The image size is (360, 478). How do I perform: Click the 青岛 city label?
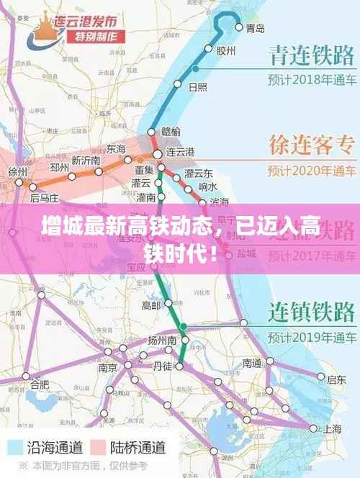coord(255,28)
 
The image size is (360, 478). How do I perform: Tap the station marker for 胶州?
coord(208,49)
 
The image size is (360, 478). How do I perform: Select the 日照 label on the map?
coord(197,87)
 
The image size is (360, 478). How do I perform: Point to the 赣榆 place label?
coord(171,131)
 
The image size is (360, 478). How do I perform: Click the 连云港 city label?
coord(180,153)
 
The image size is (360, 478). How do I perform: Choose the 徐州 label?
coord(17,173)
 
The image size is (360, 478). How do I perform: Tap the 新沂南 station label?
coord(86,160)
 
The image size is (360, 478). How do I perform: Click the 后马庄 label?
coord(44,197)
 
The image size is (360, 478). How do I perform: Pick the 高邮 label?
coord(151,306)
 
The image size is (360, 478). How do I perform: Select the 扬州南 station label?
coord(163,339)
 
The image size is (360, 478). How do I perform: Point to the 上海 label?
coord(333,428)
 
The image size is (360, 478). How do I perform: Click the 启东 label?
coord(336,379)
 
